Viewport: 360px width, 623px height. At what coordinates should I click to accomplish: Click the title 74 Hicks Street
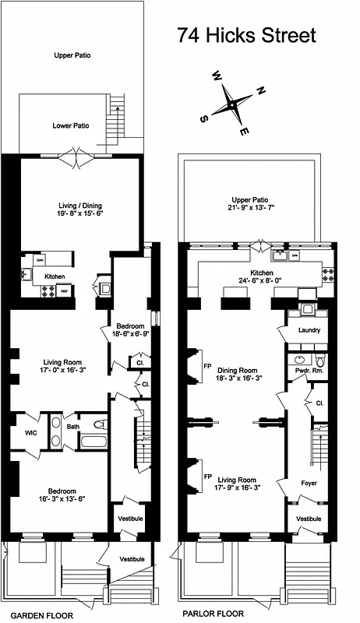(245, 36)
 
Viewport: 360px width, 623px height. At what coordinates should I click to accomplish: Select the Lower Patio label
(70, 125)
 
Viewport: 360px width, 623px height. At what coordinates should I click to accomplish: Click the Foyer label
(309, 484)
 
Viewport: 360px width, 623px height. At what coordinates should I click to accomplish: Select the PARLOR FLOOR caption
(210, 613)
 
